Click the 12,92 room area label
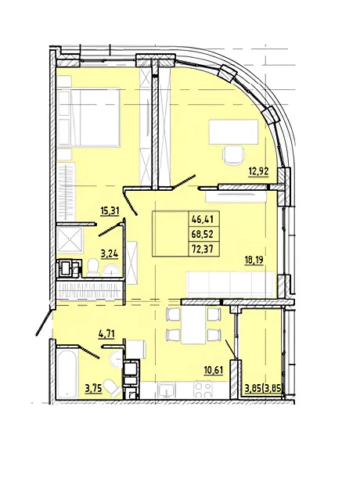pyautogui.click(x=259, y=171)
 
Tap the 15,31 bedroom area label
pyautogui.click(x=110, y=211)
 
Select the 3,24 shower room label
pyautogui.click(x=110, y=254)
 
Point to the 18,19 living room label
pyautogui.click(x=254, y=259)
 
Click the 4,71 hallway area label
pyautogui.click(x=106, y=334)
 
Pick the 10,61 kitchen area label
pyautogui.click(x=214, y=370)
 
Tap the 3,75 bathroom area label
pyautogui.click(x=94, y=389)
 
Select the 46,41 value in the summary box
pyautogui.click(x=203, y=220)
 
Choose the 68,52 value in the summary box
pyautogui.click(x=203, y=234)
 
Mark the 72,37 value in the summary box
pyautogui.click(x=203, y=249)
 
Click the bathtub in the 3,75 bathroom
pyautogui.click(x=67, y=373)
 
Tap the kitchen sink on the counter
pyautogui.click(x=166, y=390)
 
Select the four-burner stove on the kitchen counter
pyautogui.click(x=203, y=390)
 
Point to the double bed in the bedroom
pyautogui.click(x=88, y=118)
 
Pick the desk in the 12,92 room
pyautogui.click(x=234, y=132)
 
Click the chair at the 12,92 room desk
pyautogui.click(x=234, y=156)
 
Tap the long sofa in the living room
pyautogui.click(x=230, y=284)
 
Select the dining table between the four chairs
pyautogui.click(x=194, y=325)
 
